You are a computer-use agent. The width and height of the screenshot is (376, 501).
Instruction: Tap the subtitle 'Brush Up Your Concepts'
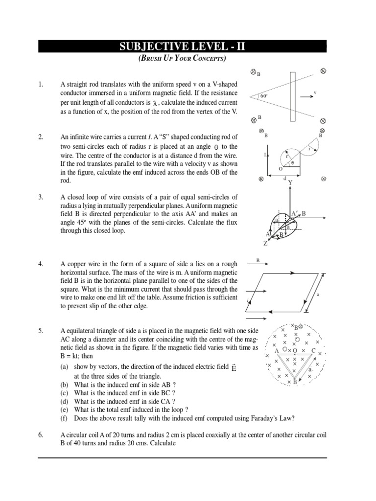(183, 59)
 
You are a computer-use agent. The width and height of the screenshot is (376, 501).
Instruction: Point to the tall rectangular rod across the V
(292, 96)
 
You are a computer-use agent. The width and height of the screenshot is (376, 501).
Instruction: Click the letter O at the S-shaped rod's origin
(281, 169)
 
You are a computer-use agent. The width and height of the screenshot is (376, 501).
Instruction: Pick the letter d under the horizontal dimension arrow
(284, 179)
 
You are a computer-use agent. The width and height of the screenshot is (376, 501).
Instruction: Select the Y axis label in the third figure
(290, 182)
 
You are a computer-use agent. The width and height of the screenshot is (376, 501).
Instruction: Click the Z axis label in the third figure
(265, 243)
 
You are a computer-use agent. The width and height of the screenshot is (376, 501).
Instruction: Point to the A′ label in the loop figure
(295, 214)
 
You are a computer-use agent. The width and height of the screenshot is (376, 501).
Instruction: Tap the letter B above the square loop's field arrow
(258, 261)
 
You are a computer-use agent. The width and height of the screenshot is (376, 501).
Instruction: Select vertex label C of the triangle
(313, 350)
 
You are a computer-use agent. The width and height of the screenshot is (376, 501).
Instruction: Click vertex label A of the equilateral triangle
(277, 351)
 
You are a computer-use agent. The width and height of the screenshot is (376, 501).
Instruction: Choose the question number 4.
(41, 264)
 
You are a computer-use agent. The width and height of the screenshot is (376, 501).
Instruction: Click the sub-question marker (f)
(64, 418)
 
